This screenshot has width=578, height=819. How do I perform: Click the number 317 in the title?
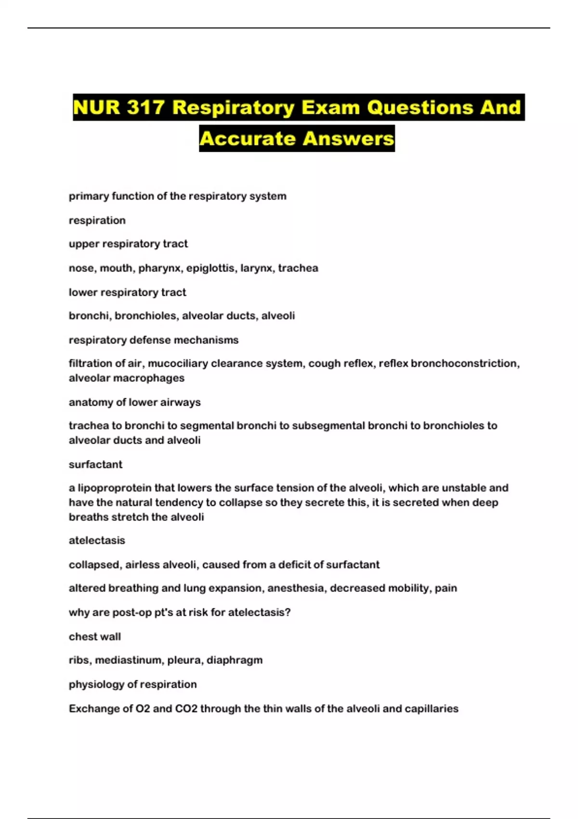[146, 107]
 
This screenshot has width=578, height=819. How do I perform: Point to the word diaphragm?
[235, 660]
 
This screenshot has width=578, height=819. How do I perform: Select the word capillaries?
[432, 709]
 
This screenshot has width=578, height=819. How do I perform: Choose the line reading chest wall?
[95, 636]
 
